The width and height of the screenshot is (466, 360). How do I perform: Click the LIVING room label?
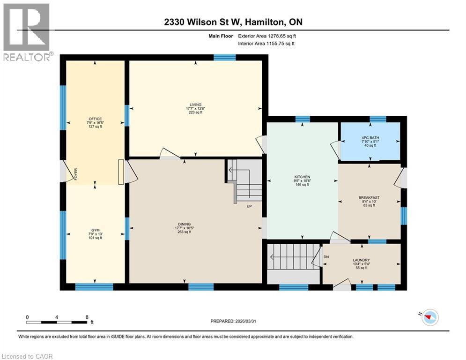pos(195,105)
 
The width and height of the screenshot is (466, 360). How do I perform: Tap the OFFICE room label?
pos(95,119)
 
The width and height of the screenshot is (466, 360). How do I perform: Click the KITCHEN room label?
pos(302,177)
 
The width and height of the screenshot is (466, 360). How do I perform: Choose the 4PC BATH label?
pos(370,137)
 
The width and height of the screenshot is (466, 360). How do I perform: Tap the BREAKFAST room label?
pos(370,197)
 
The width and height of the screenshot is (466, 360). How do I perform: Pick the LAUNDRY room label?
pos(361,260)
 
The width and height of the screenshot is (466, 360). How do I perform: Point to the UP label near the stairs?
pos(250,205)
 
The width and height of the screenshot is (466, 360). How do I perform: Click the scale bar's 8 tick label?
pos(87,317)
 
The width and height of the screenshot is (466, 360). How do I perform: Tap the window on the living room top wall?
pos(224,58)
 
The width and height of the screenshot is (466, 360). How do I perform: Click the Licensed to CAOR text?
pos(27,356)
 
